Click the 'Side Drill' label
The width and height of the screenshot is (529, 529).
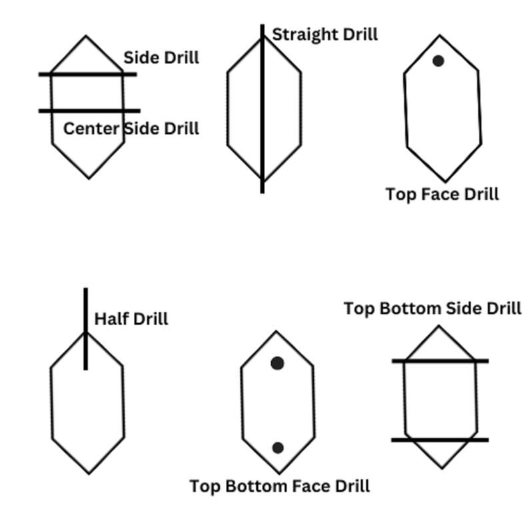pos(161,58)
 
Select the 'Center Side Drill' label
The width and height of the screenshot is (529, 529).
pos(131,128)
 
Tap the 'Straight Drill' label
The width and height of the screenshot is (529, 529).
pos(325,34)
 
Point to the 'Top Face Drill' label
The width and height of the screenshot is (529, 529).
pos(442,194)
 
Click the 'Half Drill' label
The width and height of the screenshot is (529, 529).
pos(131,318)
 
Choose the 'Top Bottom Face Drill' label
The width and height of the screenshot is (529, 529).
pos(280,486)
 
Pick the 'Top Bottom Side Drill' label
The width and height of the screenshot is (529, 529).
pos(432,308)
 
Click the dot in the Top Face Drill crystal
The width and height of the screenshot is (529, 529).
pos(438,61)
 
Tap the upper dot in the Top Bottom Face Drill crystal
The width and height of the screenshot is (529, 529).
pos(277,363)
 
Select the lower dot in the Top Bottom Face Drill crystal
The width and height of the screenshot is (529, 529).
pos(278,448)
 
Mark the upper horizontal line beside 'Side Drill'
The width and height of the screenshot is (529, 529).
pos(87,74)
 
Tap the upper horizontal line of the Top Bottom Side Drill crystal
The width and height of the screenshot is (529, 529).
pos(440,361)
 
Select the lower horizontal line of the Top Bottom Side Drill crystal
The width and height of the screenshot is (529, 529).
pos(440,440)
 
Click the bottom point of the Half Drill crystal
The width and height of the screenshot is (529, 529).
pos(89,474)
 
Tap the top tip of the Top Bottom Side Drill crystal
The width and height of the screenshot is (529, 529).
pos(438,326)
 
